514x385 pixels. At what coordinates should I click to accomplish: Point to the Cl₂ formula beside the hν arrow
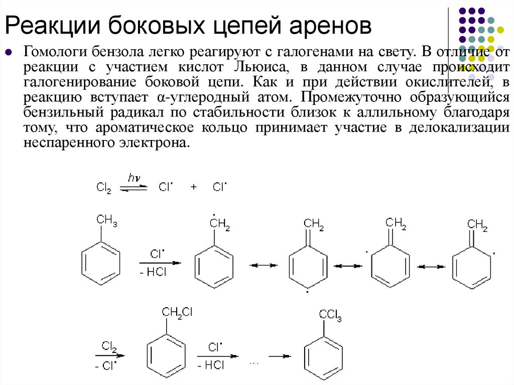[103, 187]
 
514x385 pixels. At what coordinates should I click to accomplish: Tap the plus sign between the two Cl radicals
[194, 187]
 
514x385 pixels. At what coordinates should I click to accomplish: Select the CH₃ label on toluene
[106, 219]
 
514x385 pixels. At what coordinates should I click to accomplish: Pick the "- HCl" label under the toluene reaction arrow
[157, 273]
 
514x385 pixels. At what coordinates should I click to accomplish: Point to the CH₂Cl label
[177, 312]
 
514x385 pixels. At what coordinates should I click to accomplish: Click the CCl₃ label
[330, 316]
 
